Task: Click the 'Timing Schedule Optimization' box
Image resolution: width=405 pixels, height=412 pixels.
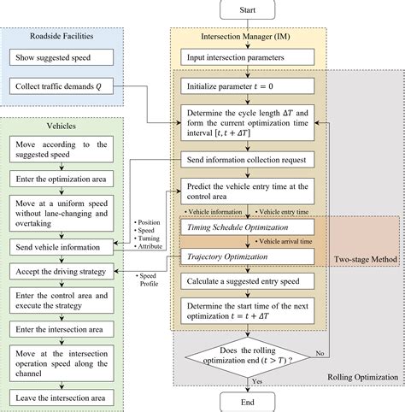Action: coord(232,229)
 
